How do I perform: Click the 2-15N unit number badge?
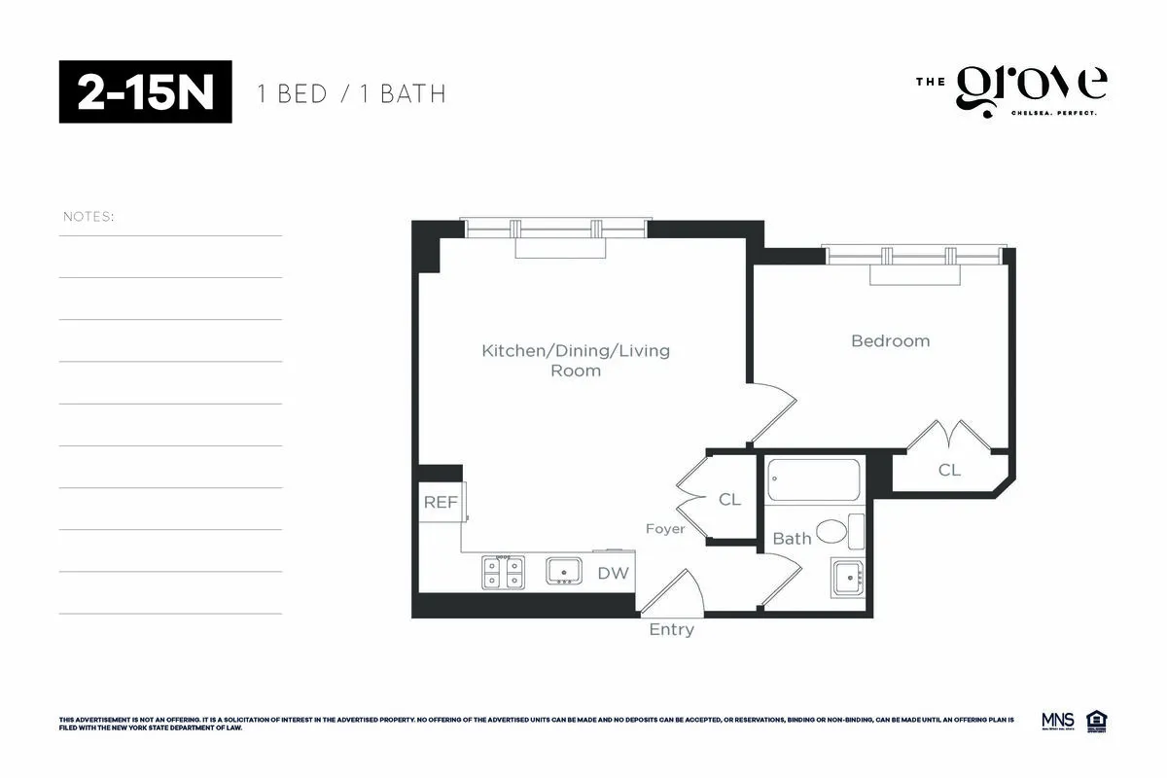(x=146, y=92)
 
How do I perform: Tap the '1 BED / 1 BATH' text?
(x=351, y=94)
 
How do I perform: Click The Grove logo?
(x=1011, y=90)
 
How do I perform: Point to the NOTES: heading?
(x=88, y=216)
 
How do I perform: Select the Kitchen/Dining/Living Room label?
(x=576, y=360)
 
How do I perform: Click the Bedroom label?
(x=890, y=340)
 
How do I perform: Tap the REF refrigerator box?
(x=441, y=503)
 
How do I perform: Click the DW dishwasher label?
(x=613, y=574)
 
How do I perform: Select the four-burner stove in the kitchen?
(x=504, y=572)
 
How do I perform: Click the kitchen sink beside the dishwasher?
(x=563, y=571)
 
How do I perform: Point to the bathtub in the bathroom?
(x=814, y=480)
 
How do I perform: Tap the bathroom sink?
(x=847, y=578)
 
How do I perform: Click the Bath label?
(x=792, y=538)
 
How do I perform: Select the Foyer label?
(x=665, y=529)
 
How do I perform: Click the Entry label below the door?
(x=672, y=629)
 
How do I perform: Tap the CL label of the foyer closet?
(x=729, y=499)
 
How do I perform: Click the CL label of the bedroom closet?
(x=949, y=470)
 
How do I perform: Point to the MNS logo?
(x=1057, y=721)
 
